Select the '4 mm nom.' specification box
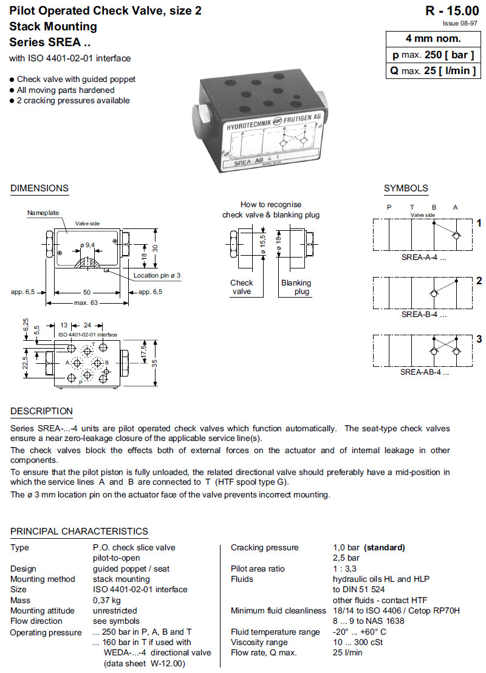pyautogui.click(x=433, y=38)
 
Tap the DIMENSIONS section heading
pyautogui.click(x=39, y=188)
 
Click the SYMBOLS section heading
pyautogui.click(x=406, y=188)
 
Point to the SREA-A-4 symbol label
pyautogui.click(x=423, y=257)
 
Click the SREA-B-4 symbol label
pyautogui.click(x=423, y=315)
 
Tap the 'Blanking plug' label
pyautogui.click(x=296, y=287)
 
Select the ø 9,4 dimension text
pyautogui.click(x=88, y=245)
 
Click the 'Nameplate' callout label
pyautogui.click(x=43, y=213)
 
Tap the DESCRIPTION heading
pyautogui.click(x=41, y=411)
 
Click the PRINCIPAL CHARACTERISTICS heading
pyautogui.click(x=79, y=531)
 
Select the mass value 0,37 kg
pyautogui.click(x=106, y=600)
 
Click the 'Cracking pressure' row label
pyautogui.click(x=264, y=547)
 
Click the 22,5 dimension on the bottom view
pyautogui.click(x=26, y=362)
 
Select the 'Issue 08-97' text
pyautogui.click(x=459, y=23)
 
